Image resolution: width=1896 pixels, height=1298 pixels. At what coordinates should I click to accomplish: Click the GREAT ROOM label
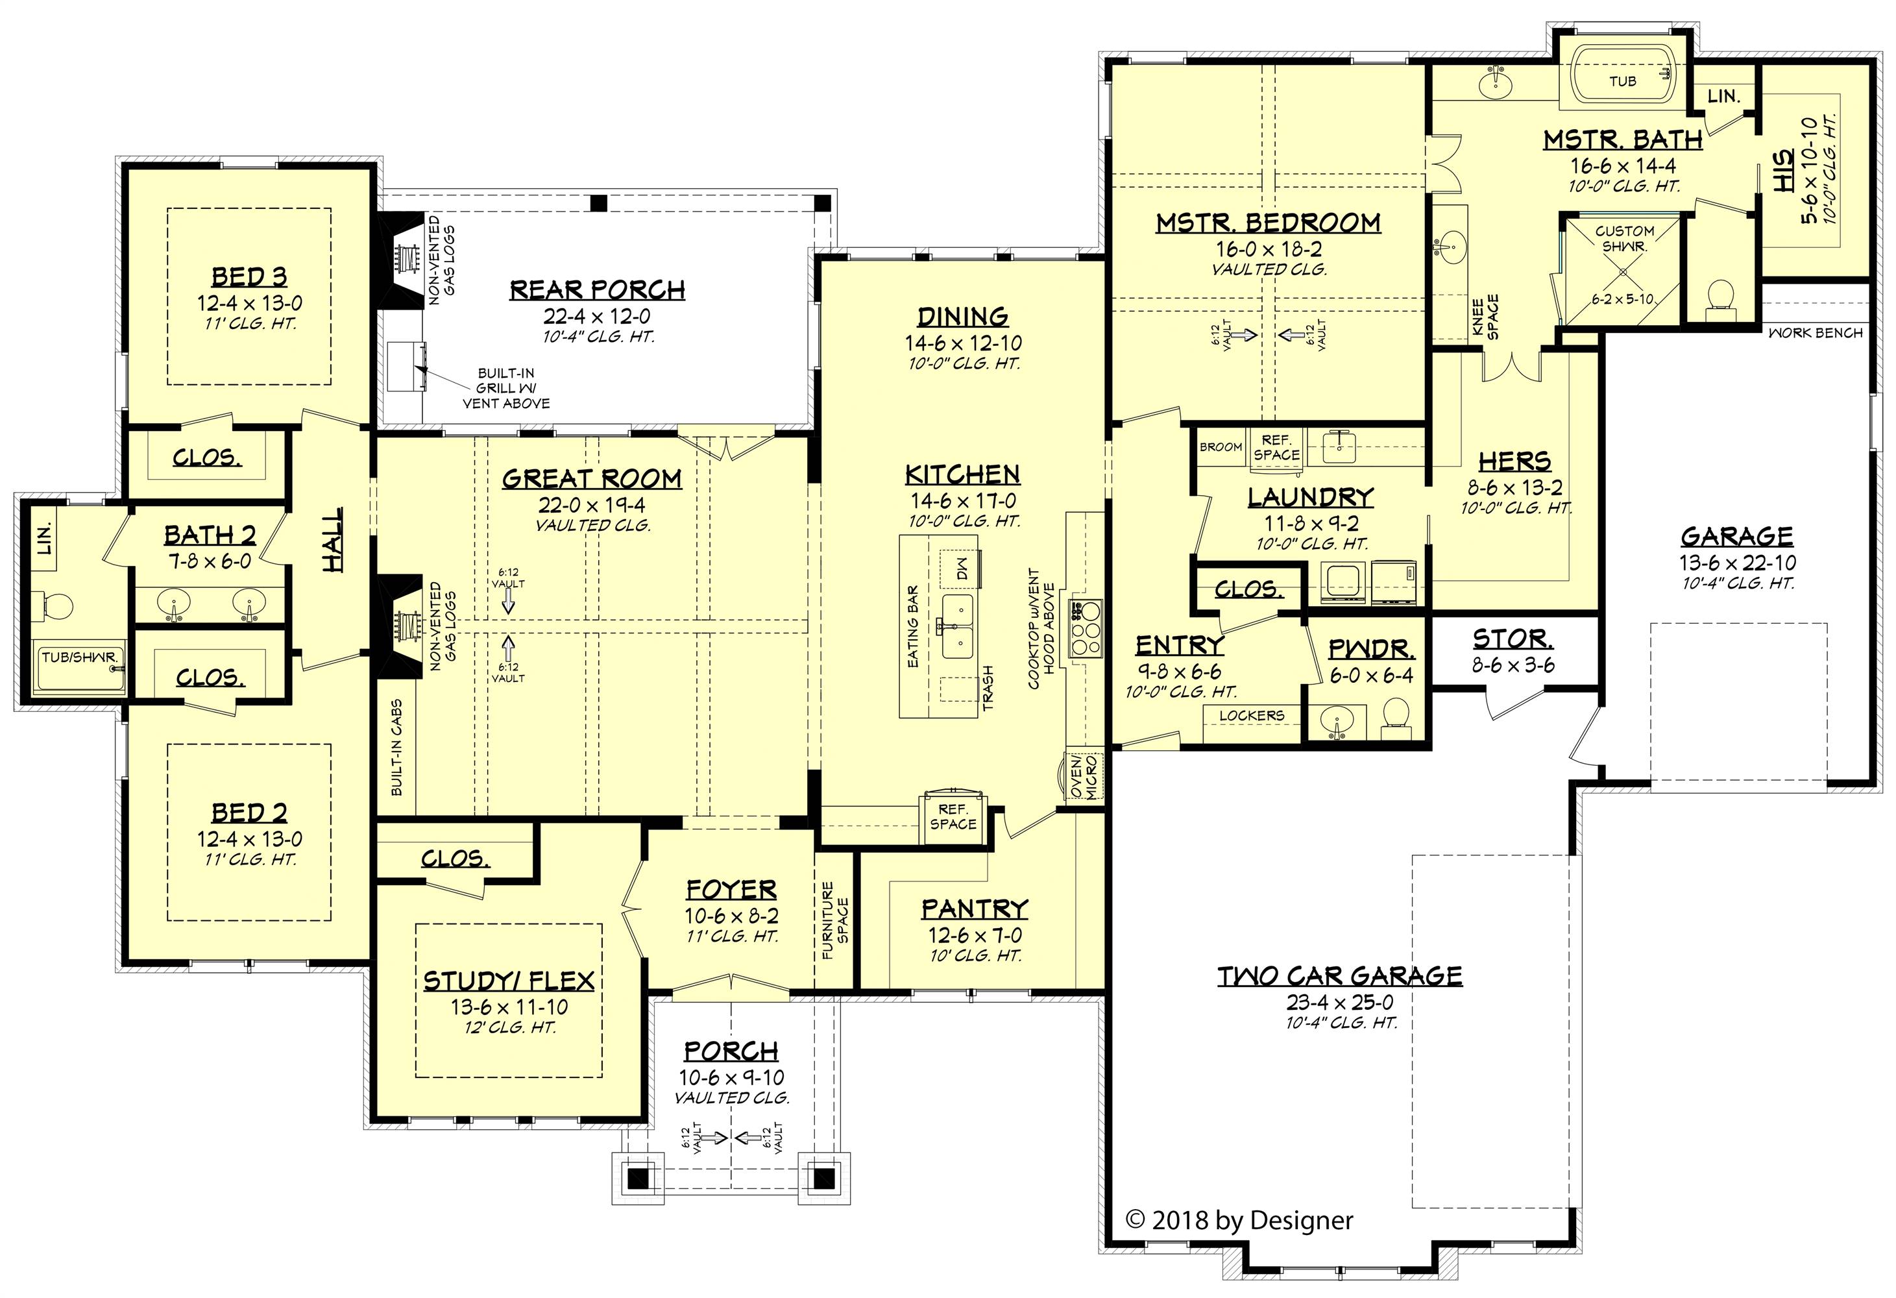pos(592,478)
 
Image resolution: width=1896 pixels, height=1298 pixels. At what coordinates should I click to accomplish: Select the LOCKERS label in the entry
pos(1252,715)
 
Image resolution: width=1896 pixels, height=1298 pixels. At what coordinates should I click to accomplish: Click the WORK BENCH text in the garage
pos(1816,333)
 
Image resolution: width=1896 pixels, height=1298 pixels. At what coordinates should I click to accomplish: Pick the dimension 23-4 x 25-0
pos(1340,1002)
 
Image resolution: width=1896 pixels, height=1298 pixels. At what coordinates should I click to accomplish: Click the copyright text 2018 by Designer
pos(1239,1221)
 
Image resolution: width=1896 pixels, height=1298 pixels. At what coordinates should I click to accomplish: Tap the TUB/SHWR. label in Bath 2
pos(80,657)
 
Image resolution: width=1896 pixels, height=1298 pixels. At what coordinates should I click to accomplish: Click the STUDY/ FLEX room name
pos(508,981)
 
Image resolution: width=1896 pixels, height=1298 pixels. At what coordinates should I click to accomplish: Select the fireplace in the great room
pos(397,626)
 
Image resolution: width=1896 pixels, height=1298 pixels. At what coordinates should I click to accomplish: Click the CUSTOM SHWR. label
pos(1624,238)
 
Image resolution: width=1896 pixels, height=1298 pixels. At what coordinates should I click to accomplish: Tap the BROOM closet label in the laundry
pos(1221,447)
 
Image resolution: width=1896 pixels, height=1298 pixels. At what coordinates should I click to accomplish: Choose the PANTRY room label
pos(974,909)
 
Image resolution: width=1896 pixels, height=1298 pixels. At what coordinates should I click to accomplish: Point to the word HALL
pos(333,539)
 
